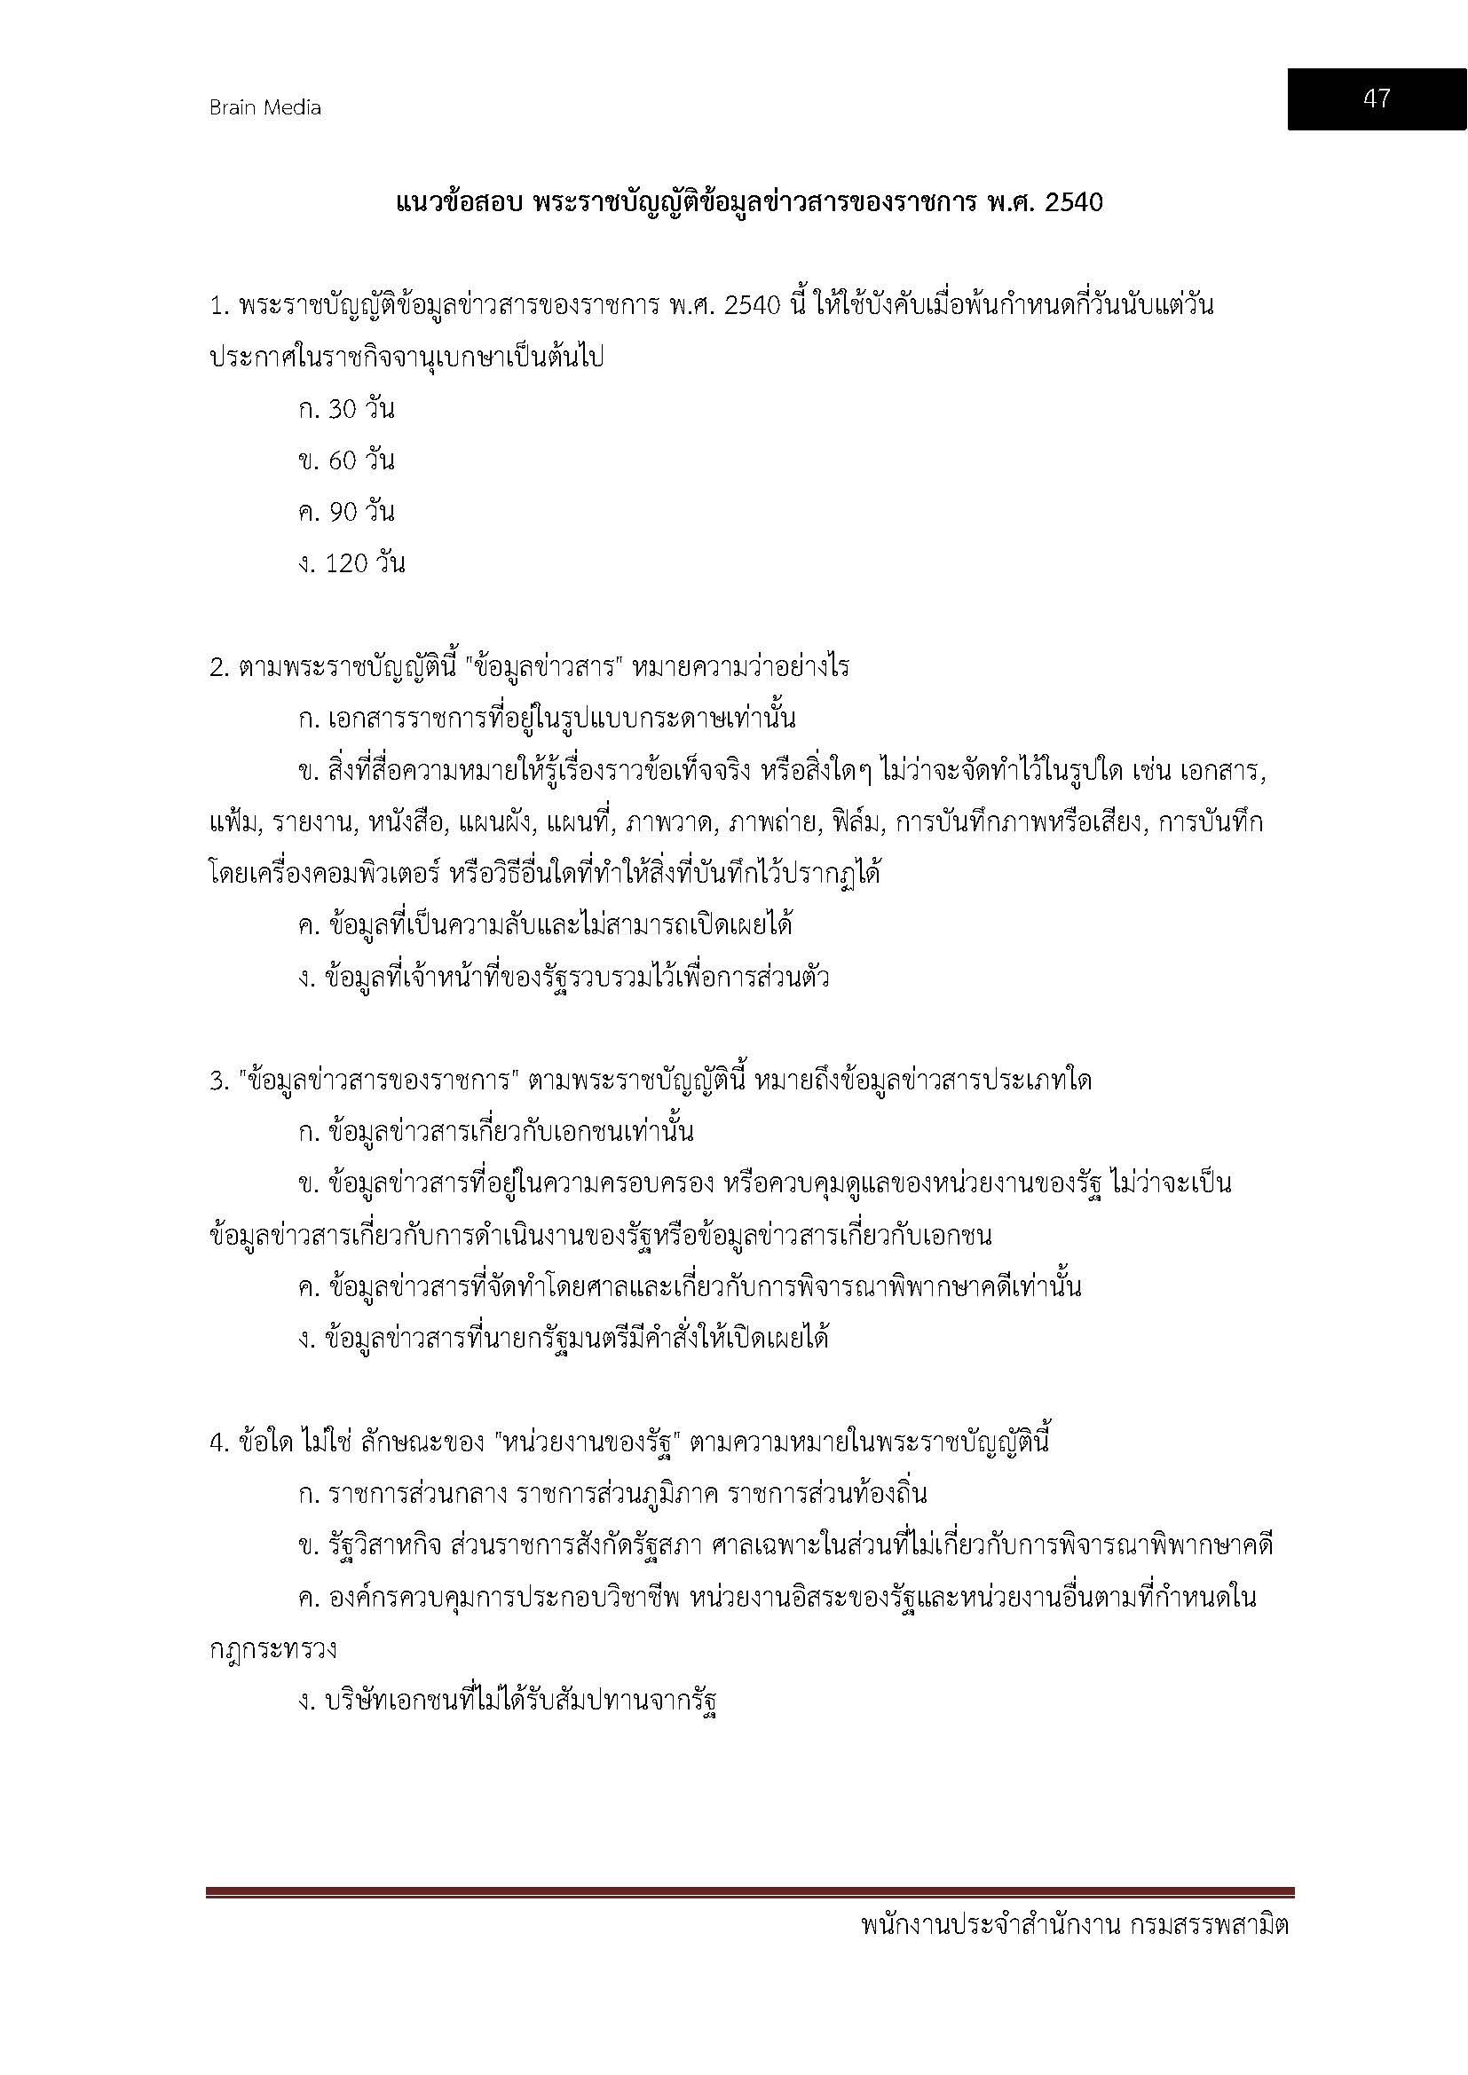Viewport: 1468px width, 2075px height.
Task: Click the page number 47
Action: point(1376,98)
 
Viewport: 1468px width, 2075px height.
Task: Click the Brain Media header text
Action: point(264,107)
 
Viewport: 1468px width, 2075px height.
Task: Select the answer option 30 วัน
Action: point(347,409)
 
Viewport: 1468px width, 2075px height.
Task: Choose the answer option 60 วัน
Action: point(347,461)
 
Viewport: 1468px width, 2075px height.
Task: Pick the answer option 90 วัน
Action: point(347,513)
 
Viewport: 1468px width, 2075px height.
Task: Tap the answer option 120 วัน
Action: point(351,564)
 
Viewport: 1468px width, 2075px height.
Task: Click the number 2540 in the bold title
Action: point(1073,202)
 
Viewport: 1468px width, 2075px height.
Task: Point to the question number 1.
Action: point(217,306)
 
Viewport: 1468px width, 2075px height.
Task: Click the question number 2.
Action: point(217,668)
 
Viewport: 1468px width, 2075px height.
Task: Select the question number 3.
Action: point(217,1081)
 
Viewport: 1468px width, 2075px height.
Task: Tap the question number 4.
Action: point(217,1442)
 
